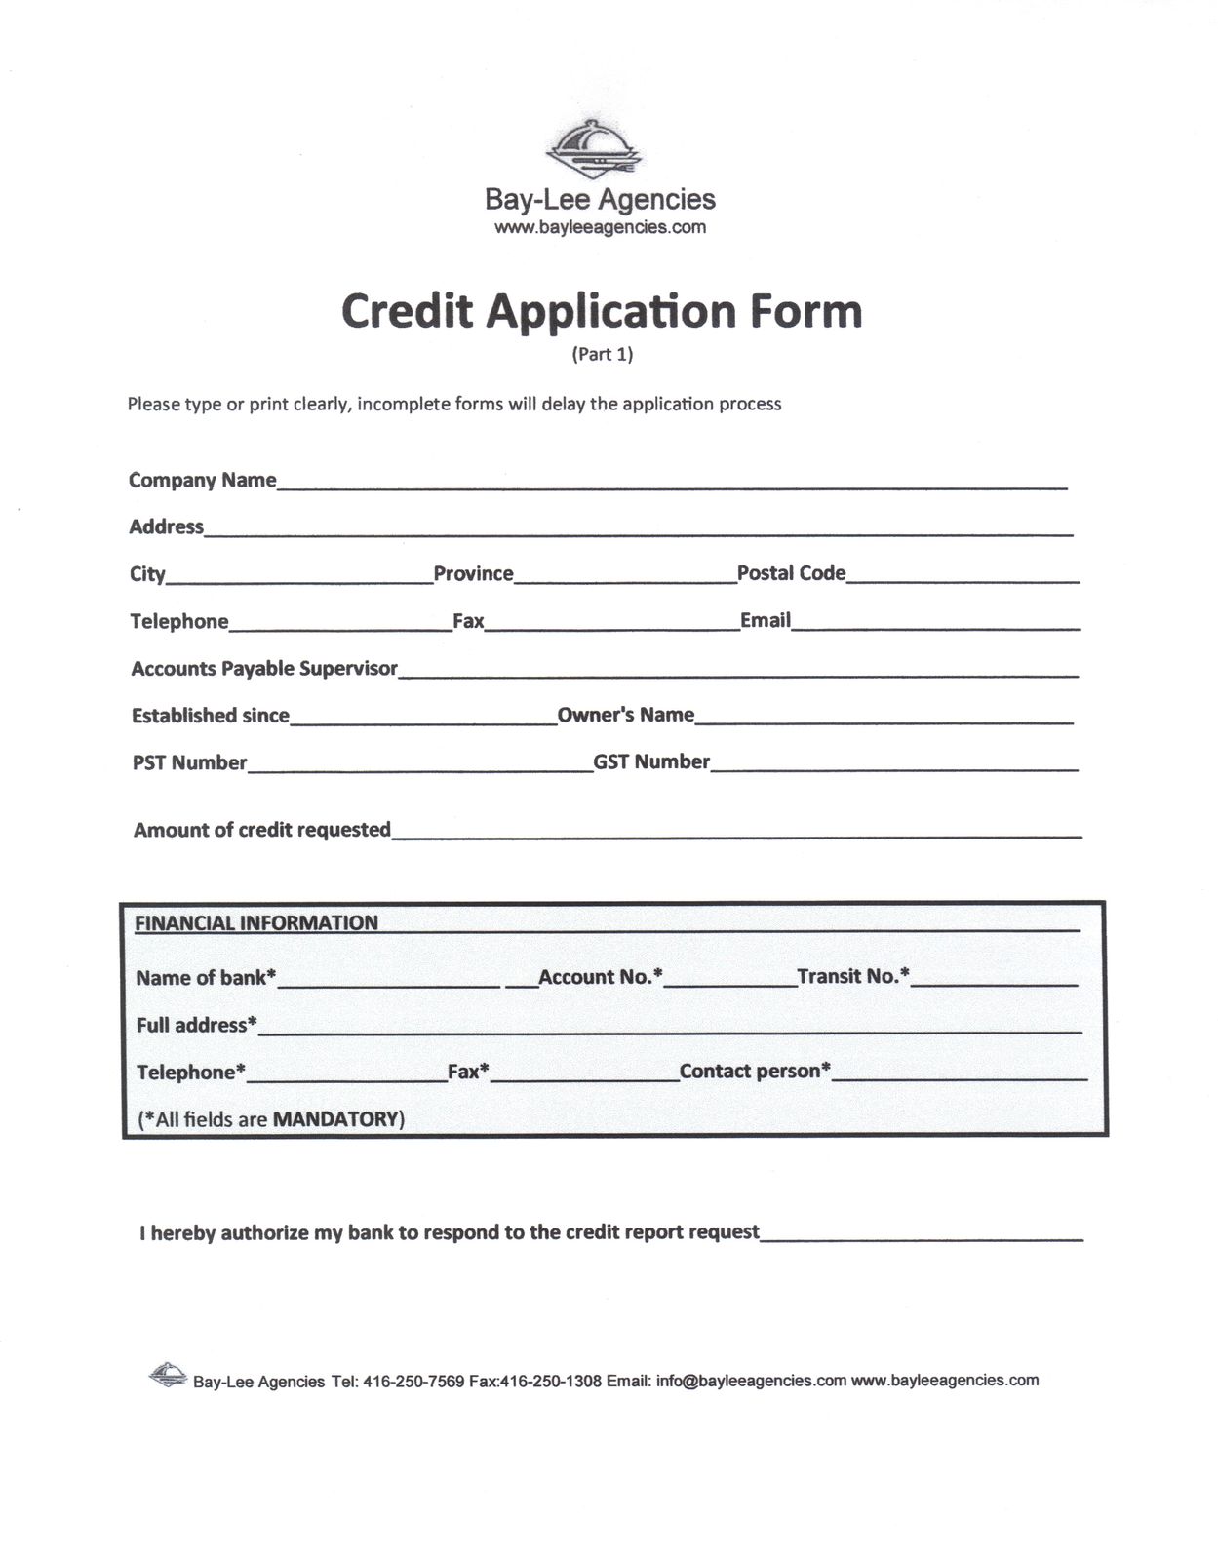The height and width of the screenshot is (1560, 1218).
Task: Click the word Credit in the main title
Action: [x=407, y=311]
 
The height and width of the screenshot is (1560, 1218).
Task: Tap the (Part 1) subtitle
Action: [x=602, y=354]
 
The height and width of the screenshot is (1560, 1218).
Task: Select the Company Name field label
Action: [x=203, y=480]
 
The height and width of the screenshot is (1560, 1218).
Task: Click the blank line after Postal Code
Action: [x=963, y=577]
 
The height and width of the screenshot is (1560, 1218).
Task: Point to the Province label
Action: [x=473, y=573]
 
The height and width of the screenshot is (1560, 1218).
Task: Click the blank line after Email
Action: [x=935, y=625]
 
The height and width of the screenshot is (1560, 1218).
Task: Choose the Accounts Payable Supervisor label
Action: [x=264, y=668]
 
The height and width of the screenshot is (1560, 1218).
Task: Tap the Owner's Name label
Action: [x=625, y=715]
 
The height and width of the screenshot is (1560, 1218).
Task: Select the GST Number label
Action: [x=651, y=761]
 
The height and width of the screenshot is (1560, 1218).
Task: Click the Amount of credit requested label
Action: [x=261, y=830]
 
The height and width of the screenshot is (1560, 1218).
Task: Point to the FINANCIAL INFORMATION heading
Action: [x=256, y=922]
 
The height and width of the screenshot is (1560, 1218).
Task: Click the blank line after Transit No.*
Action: [x=994, y=982]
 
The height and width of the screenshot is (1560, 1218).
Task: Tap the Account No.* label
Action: [x=600, y=977]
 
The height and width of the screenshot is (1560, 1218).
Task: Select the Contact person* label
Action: [x=755, y=1071]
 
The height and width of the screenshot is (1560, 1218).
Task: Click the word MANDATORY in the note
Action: [x=336, y=1119]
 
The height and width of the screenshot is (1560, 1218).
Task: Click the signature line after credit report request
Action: [x=922, y=1236]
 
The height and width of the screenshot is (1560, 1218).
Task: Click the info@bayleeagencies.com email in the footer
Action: [x=751, y=1381]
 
